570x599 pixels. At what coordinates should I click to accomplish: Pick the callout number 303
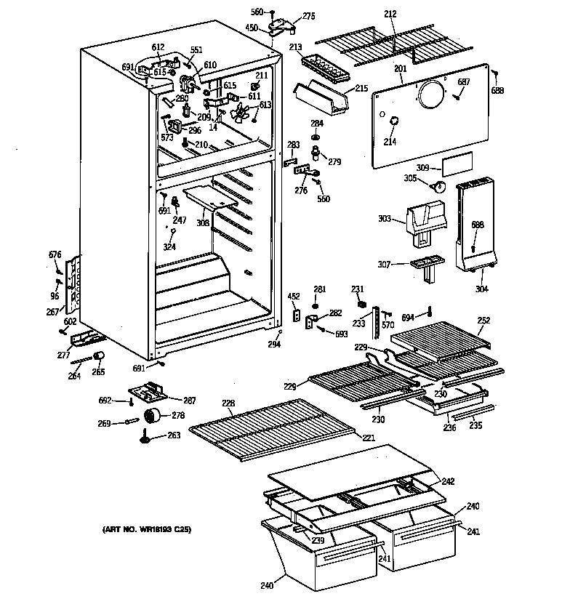[385, 218]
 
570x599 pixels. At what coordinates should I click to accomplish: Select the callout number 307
[385, 265]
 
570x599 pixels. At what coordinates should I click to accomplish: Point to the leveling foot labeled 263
[148, 438]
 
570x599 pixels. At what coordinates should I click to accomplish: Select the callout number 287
[189, 401]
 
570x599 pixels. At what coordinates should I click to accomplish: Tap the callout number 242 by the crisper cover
[448, 481]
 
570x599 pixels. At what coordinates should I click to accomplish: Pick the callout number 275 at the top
[309, 16]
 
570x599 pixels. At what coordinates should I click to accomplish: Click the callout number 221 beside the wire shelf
[369, 438]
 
